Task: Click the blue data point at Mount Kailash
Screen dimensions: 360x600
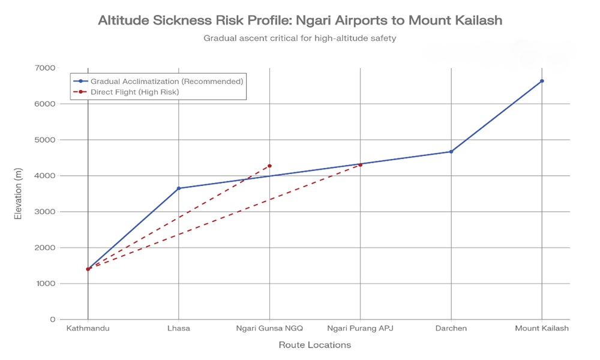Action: tap(542, 81)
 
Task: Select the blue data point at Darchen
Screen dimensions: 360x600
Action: tap(451, 152)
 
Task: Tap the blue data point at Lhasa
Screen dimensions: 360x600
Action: tap(179, 188)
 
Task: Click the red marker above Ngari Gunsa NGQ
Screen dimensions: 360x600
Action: tap(269, 166)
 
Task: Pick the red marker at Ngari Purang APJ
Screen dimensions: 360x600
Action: tap(361, 164)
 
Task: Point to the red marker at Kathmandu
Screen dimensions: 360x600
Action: tap(88, 269)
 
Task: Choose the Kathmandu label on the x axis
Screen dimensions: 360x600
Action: tap(88, 329)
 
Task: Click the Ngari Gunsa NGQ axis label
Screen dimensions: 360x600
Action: tap(269, 329)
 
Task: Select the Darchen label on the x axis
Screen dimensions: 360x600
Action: tap(451, 329)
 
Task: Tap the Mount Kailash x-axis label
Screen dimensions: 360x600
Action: tap(542, 329)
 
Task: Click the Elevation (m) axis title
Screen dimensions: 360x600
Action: tap(18, 193)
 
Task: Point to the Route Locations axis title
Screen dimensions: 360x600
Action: tap(314, 345)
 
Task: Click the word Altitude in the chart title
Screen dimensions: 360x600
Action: tap(123, 20)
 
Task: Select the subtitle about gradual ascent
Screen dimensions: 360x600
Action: tap(300, 38)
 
